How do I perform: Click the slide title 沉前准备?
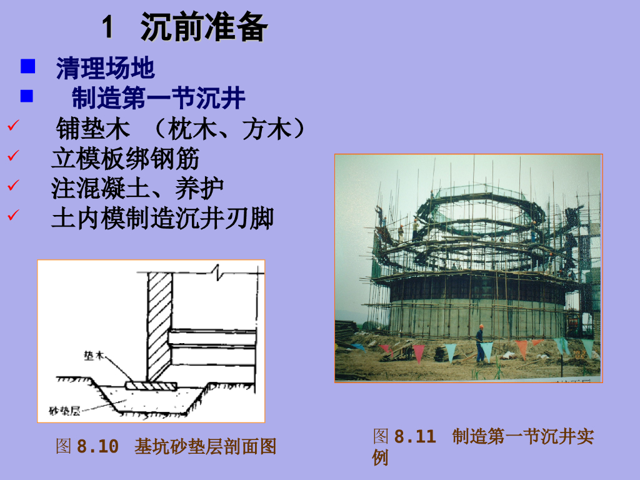pyautogui.click(x=204, y=27)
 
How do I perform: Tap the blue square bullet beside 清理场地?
pyautogui.click(x=27, y=66)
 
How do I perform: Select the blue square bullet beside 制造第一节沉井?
pyautogui.click(x=27, y=96)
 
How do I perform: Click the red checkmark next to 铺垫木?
pyautogui.click(x=13, y=125)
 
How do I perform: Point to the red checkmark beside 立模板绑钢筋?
pyautogui.click(x=13, y=155)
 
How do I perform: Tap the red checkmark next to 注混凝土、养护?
pyautogui.click(x=13, y=185)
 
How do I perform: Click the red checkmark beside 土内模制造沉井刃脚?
pyautogui.click(x=13, y=215)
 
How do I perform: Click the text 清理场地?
pyautogui.click(x=105, y=67)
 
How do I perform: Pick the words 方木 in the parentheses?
pyautogui.click(x=267, y=129)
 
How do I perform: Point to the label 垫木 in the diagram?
pyautogui.click(x=94, y=356)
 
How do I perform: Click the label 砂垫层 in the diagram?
pyautogui.click(x=64, y=411)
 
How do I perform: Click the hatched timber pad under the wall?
pyautogui.click(x=151, y=386)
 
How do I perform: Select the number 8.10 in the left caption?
pyautogui.click(x=97, y=446)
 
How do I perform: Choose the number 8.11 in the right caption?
pyautogui.click(x=415, y=436)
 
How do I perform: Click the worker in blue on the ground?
pyautogui.click(x=480, y=344)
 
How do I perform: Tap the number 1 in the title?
pyautogui.click(x=107, y=27)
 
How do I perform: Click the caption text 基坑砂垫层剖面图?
pyautogui.click(x=205, y=446)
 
